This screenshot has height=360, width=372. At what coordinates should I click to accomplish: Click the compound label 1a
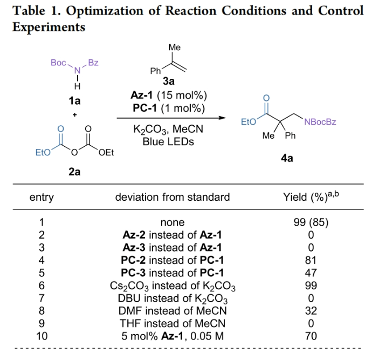tap(74, 100)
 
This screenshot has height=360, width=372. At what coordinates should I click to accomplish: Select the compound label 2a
tap(74, 173)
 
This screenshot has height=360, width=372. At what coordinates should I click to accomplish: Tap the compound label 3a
tap(169, 82)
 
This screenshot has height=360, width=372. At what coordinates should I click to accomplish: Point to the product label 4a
tap(287, 159)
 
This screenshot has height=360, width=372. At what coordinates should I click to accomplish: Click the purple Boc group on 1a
tap(58, 63)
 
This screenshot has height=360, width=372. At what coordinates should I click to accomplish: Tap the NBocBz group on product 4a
tap(320, 122)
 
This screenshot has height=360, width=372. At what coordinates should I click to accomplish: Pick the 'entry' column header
tap(42, 197)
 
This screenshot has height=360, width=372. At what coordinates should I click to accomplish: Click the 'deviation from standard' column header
tap(172, 197)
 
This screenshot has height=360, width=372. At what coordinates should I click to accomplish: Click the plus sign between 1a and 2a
tap(74, 114)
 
